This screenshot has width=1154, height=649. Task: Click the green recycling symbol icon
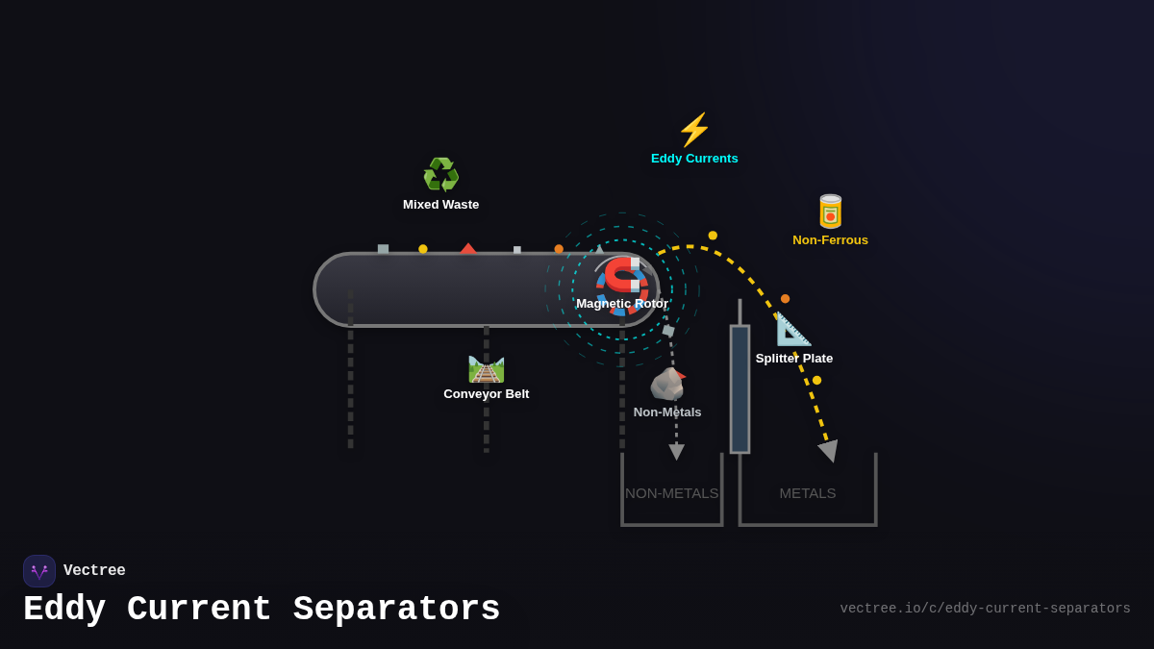coord(441,175)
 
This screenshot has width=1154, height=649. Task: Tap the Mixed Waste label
coord(440,205)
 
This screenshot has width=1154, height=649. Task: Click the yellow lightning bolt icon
coord(694,130)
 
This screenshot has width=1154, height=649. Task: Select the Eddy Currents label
coord(694,159)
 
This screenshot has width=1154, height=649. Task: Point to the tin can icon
coord(830,212)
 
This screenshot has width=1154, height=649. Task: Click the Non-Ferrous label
coord(830,240)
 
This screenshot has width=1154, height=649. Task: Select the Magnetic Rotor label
coord(622,304)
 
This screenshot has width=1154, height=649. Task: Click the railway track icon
coord(487,368)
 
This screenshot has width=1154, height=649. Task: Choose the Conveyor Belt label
coord(487,394)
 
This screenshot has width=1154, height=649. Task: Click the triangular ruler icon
coord(793,330)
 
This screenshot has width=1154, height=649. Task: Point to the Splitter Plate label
coord(794,359)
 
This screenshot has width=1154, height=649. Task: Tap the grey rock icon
coord(667,384)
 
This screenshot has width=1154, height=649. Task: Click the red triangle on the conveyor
coord(468,249)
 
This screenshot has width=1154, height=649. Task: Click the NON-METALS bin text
coord(671,493)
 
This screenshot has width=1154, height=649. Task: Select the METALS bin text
coord(808,493)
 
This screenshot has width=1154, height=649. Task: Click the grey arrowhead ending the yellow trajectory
coord(829,450)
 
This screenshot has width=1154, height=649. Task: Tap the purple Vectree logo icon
coord(39,571)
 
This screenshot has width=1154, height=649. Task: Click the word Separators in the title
coord(397,610)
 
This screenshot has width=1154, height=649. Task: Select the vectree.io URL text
coord(985,609)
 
